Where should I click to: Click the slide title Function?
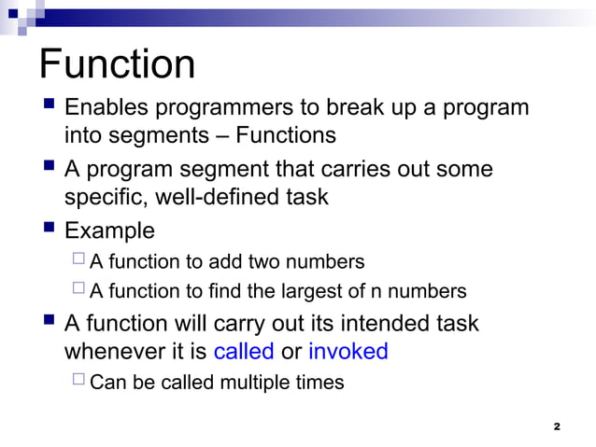pyautogui.click(x=118, y=65)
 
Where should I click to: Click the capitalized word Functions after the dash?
pyautogui.click(x=285, y=136)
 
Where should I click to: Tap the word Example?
pyautogui.click(x=109, y=230)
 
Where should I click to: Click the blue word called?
pyautogui.click(x=244, y=352)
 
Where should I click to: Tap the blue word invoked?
pyautogui.click(x=348, y=352)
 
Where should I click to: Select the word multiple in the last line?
pyautogui.click(x=242, y=383)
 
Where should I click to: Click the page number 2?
pyautogui.click(x=557, y=426)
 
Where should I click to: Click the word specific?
pyautogui.click(x=100, y=199)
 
